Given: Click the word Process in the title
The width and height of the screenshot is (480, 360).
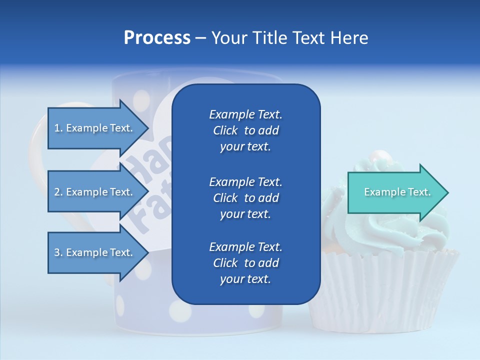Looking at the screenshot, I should click(157, 38).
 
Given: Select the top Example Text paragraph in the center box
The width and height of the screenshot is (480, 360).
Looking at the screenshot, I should click(245, 130).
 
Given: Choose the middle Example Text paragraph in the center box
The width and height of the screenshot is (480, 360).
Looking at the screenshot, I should click(245, 197).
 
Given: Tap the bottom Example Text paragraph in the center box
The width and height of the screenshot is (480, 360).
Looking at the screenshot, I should click(245, 263).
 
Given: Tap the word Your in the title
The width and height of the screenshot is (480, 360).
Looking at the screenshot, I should click(228, 38).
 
